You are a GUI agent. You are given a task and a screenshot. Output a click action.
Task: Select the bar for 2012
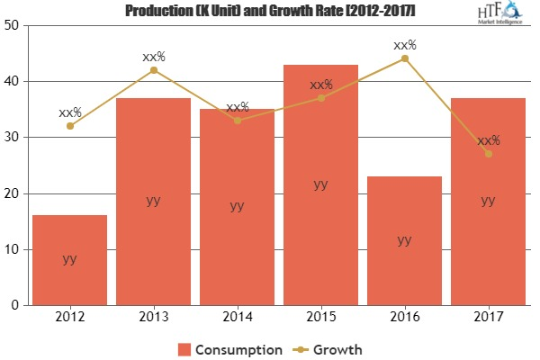pyautogui.click(x=69, y=260)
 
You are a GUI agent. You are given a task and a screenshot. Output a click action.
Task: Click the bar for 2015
pyautogui.click(x=320, y=184)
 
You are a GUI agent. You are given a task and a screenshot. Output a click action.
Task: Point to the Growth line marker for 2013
pyautogui.click(x=153, y=69)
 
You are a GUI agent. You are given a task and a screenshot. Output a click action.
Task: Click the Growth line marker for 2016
pyautogui.click(x=404, y=58)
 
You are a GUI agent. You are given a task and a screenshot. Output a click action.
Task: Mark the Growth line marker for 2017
pyautogui.click(x=488, y=154)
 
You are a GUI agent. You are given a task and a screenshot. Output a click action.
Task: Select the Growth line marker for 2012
pyautogui.click(x=69, y=126)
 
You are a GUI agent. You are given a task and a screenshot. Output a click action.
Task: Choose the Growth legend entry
pyautogui.click(x=329, y=348)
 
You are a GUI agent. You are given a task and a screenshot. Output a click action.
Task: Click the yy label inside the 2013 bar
pyautogui.click(x=153, y=201)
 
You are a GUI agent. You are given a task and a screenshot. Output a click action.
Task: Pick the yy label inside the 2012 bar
pyautogui.click(x=69, y=259)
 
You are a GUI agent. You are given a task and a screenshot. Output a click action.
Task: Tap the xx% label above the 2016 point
pyautogui.click(x=404, y=44)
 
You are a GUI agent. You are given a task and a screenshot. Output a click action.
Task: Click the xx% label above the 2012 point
pyautogui.click(x=69, y=112)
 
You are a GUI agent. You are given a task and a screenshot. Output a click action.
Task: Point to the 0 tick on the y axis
pyautogui.click(x=16, y=306)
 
